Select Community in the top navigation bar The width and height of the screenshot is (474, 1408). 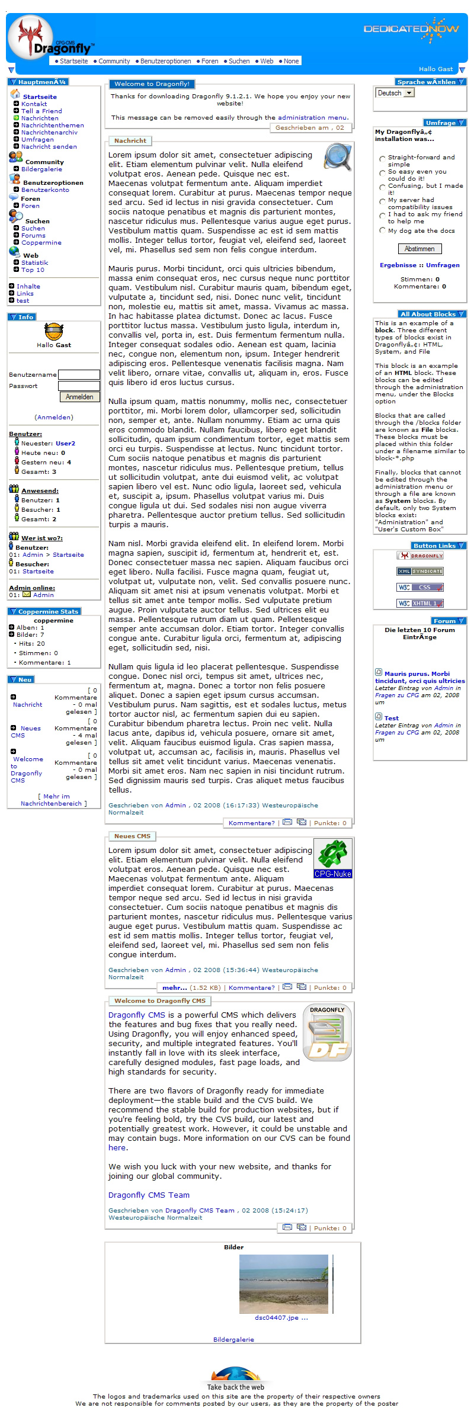click(x=114, y=61)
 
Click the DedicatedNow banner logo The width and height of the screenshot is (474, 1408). click(x=411, y=30)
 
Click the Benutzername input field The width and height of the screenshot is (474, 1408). click(x=79, y=374)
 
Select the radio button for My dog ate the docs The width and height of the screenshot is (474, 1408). click(x=382, y=230)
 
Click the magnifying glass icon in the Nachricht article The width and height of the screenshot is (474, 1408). click(x=338, y=157)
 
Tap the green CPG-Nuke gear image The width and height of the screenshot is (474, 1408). click(x=332, y=858)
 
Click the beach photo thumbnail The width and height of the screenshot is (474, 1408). click(x=283, y=1284)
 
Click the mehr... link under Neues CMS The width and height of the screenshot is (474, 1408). click(x=174, y=987)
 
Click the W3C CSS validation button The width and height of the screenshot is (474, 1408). click(x=419, y=588)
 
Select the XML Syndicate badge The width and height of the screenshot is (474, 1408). click(x=419, y=572)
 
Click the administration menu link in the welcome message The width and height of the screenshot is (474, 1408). click(x=312, y=117)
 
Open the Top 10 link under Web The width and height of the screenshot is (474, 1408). click(x=33, y=270)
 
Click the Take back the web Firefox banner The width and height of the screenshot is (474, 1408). click(x=235, y=1377)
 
